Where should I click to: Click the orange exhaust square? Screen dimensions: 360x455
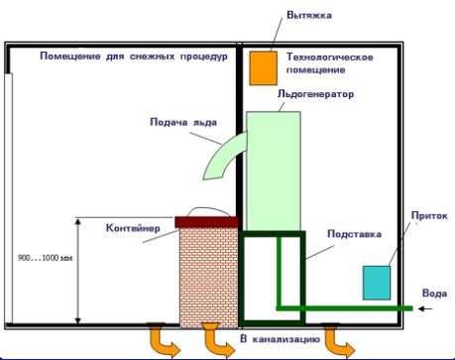coord(262,66)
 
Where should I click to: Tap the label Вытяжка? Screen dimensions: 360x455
coord(309,16)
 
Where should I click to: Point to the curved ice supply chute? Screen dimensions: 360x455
coord(224,157)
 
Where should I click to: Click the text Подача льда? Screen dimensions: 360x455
coord(181,124)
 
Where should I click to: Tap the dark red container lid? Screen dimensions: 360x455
coord(206,221)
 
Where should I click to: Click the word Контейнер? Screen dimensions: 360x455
coord(132,228)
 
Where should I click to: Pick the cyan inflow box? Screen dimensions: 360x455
coord(377,283)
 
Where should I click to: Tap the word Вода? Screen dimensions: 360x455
coord(434,293)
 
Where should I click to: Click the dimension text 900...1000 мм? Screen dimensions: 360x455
coord(46,258)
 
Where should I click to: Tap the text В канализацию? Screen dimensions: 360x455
coord(280,340)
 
